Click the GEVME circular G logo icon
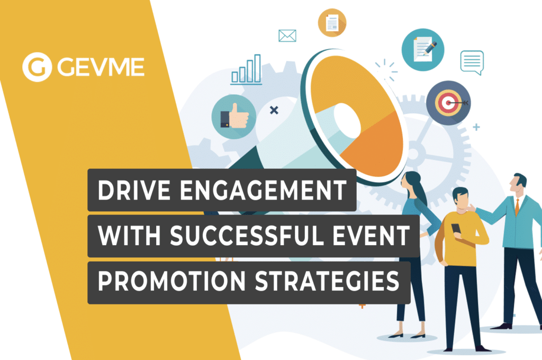[37, 67]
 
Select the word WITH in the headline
[129, 236]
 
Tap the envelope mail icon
[287, 35]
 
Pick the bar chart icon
[246, 69]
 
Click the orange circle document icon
[332, 23]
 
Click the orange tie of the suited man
[517, 207]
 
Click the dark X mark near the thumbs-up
[274, 110]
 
